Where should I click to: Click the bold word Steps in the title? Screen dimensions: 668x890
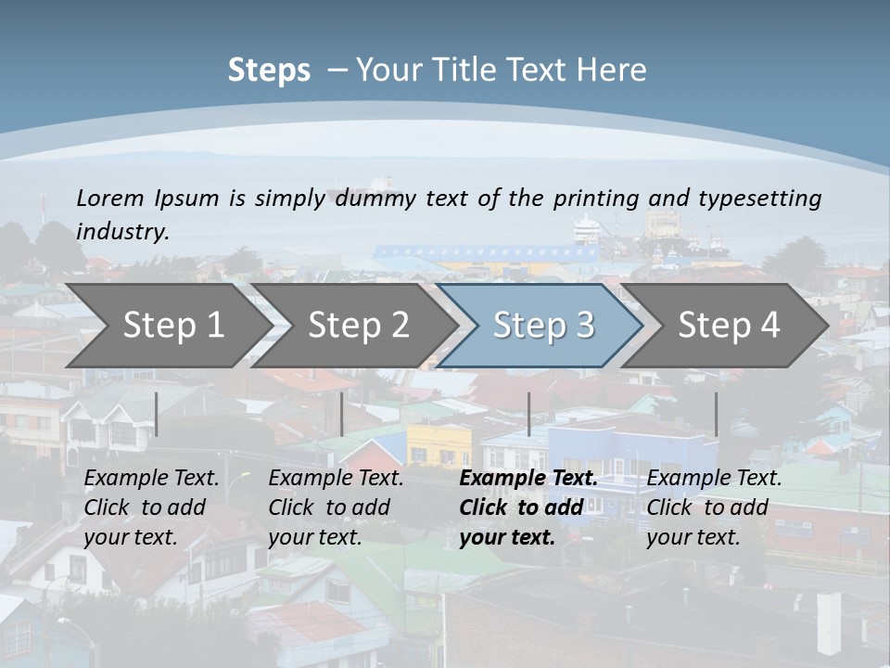point(269,71)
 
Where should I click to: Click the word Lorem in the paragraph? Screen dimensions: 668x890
point(109,198)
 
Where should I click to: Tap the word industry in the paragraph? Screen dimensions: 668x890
point(122,231)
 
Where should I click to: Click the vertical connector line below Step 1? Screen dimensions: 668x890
point(157,414)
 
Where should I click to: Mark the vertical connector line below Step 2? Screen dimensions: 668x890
point(342,414)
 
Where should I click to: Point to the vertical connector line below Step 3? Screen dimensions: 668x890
point(528,414)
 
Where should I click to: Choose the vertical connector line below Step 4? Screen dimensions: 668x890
point(716,414)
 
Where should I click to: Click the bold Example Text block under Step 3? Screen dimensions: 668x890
point(528,507)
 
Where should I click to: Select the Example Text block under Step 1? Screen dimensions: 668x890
point(151,507)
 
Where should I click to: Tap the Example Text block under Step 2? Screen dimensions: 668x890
point(336,507)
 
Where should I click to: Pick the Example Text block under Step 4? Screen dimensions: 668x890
point(714,507)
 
